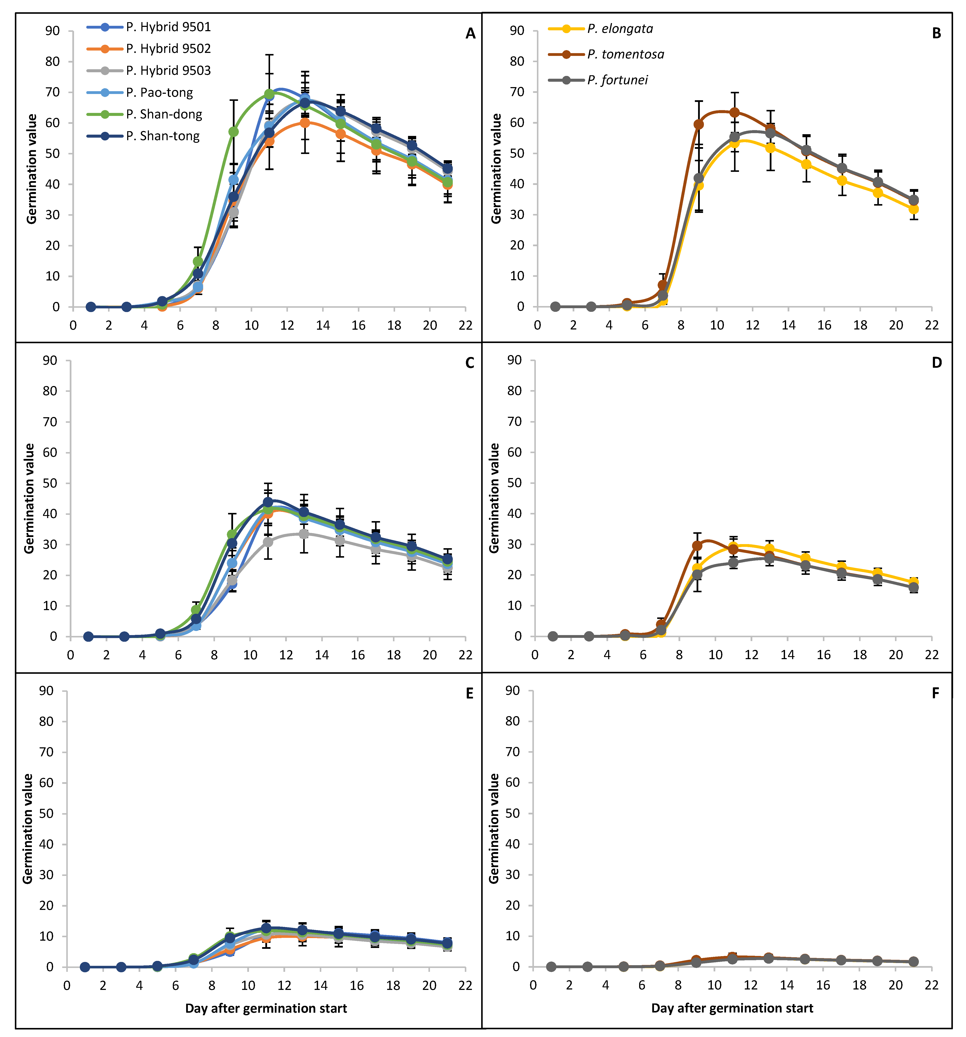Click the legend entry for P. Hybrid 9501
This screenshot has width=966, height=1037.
(149, 27)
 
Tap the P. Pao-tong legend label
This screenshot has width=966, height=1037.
(159, 92)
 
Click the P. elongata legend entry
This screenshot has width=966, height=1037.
(600, 29)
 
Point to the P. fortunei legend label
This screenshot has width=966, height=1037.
(617, 80)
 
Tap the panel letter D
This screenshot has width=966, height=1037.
(937, 363)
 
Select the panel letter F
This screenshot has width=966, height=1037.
(935, 693)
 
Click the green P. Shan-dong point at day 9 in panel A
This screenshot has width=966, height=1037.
(233, 132)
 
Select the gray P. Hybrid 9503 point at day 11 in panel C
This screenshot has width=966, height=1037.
(268, 542)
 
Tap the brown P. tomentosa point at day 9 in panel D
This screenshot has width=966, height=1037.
(697, 546)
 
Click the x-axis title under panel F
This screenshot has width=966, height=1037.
(732, 1008)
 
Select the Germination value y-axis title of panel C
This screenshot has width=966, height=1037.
(29, 499)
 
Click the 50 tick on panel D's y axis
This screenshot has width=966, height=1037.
(515, 483)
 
